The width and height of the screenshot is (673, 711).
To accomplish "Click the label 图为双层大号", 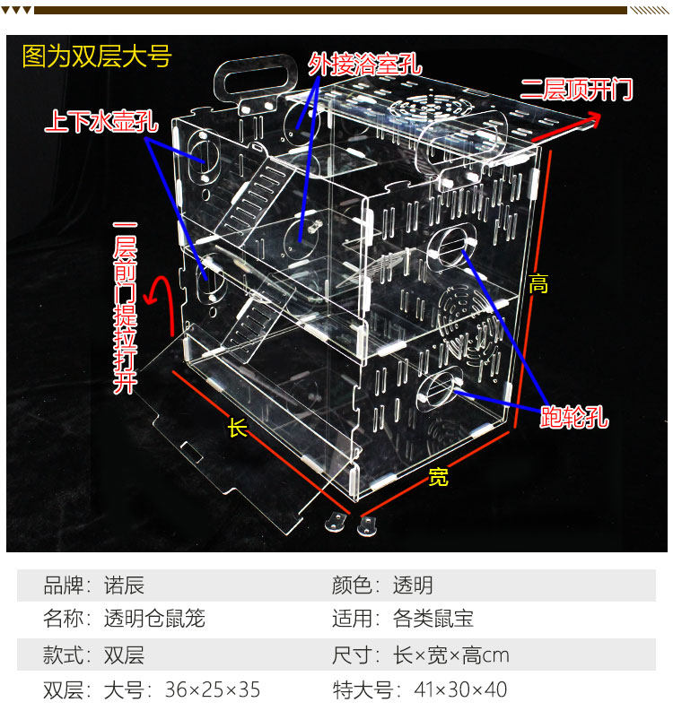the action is click(96, 57).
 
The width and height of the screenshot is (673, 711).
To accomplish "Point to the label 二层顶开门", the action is click(576, 90).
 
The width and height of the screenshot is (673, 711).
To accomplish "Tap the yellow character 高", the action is click(538, 285).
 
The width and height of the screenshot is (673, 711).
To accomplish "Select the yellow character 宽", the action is click(438, 477).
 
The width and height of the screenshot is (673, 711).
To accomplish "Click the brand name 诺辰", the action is click(124, 585).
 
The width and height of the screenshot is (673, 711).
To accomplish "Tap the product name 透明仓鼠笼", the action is click(154, 619).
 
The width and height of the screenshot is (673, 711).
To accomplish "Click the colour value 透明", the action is click(413, 585).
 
